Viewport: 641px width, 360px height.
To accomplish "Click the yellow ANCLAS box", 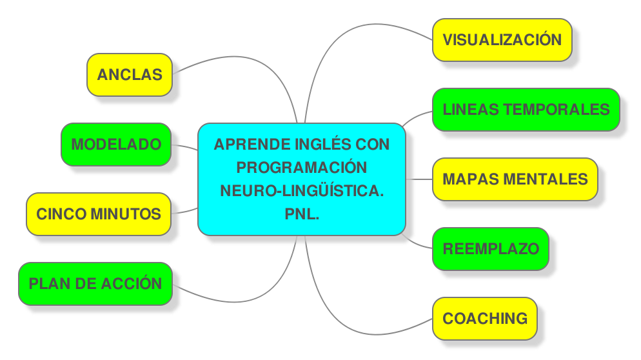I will coord(130,74).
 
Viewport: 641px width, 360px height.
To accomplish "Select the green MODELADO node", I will coord(116,144).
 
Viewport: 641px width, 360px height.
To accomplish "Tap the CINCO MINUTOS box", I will coord(99,214).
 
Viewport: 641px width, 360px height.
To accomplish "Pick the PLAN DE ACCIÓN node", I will coord(95,283).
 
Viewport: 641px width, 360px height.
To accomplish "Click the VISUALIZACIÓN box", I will coord(502,39).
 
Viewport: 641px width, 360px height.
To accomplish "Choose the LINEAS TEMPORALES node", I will coord(526,109).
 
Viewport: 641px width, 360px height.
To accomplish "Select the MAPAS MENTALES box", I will coord(515,179).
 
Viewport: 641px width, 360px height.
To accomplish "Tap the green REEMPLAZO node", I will coord(490,248).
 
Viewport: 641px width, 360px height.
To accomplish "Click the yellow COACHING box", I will coord(484,318).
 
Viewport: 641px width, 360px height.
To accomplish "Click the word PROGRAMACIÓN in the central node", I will coord(301,167).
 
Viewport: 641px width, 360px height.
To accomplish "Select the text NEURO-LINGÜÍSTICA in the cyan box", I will coord(301,190).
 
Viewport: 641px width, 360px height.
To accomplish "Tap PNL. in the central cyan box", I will coord(302,214).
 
